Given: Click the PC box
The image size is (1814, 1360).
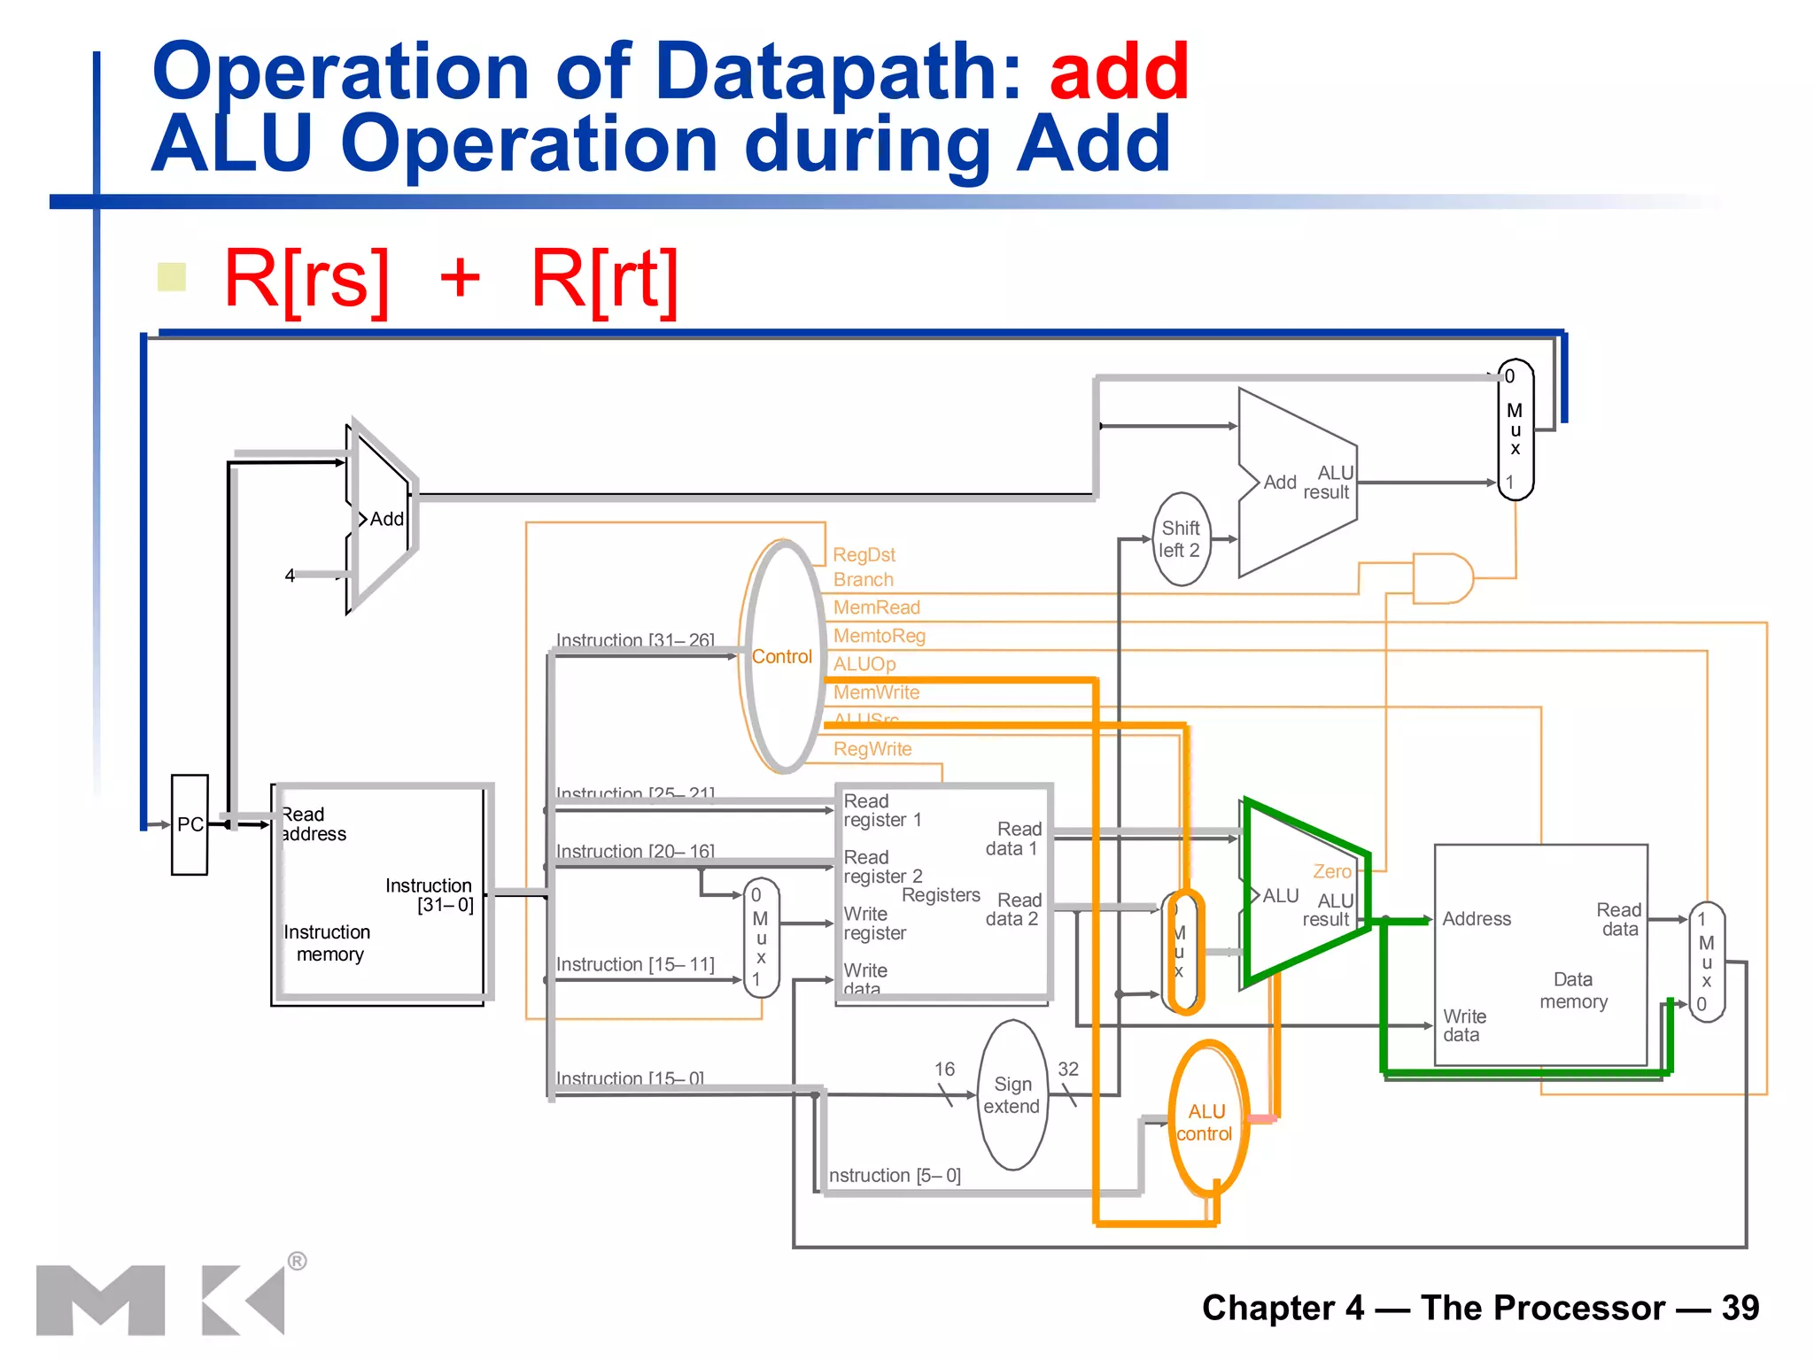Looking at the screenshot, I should click(190, 824).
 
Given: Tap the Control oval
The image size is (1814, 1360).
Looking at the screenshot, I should click(781, 656).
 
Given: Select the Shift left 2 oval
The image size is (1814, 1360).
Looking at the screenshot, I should click(1181, 539).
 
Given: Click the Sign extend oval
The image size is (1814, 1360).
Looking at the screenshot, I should click(1012, 1095).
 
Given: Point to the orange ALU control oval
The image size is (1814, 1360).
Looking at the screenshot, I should click(1206, 1122).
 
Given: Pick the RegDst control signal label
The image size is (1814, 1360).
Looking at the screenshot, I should click(864, 554).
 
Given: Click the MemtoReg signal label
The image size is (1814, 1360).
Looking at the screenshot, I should click(879, 636).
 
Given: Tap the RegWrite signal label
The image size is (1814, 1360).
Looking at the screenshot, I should click(872, 749).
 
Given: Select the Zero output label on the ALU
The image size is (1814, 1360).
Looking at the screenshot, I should click(1332, 871).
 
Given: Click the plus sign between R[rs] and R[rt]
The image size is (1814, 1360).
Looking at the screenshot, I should click(460, 279).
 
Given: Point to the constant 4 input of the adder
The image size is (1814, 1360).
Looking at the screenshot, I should click(290, 576).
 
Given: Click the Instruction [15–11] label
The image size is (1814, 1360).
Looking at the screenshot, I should click(635, 964).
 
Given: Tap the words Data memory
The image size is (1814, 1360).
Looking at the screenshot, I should click(1573, 991).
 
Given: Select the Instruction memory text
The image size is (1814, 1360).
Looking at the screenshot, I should click(327, 943).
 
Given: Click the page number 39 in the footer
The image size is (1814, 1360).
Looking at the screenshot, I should click(1740, 1308).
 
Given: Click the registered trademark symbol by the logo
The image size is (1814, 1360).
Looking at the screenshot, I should click(298, 1261).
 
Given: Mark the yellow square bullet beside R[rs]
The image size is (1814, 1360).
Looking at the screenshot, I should click(171, 277).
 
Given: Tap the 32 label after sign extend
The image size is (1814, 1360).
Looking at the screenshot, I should click(1068, 1069).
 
